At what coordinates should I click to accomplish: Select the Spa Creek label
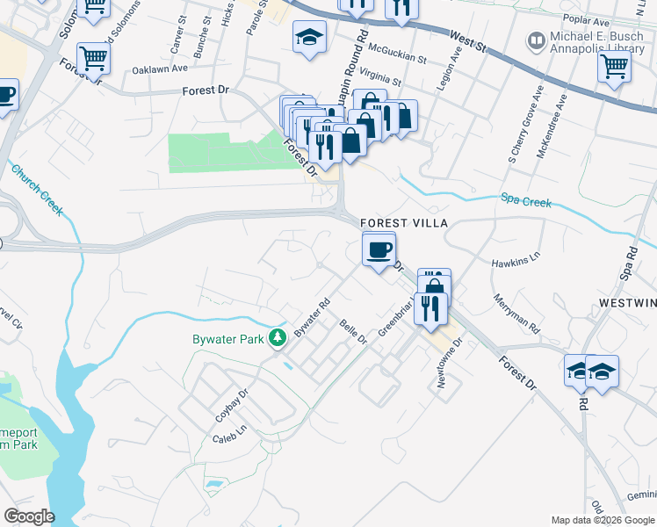tap(526, 202)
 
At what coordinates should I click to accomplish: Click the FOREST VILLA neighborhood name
tap(403, 223)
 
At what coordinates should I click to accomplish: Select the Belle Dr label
tap(353, 333)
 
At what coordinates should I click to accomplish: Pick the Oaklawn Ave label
tap(160, 68)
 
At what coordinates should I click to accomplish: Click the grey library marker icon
tap(534, 40)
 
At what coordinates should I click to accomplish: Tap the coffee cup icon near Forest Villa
tap(379, 249)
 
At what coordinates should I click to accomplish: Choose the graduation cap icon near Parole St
tap(308, 37)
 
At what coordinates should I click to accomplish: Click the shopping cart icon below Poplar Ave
tap(614, 65)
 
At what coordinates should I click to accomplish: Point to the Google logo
tap(29, 516)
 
